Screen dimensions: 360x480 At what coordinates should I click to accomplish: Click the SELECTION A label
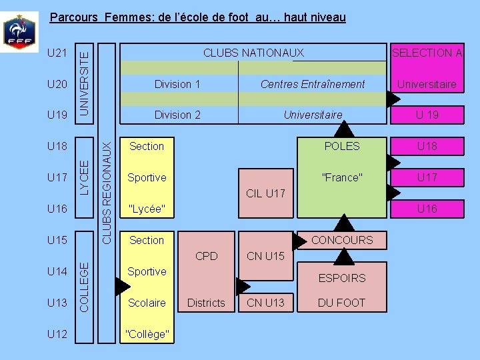click(427, 53)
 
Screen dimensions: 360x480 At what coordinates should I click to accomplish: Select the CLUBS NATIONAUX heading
click(253, 53)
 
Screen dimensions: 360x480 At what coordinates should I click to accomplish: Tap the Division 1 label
click(177, 84)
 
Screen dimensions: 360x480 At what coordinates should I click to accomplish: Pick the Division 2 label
click(177, 115)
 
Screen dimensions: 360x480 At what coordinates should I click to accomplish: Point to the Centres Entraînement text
click(313, 84)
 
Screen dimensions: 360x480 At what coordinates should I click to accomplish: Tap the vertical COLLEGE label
click(84, 285)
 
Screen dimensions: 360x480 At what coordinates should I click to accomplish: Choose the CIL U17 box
click(265, 194)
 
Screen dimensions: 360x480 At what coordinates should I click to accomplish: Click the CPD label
click(207, 256)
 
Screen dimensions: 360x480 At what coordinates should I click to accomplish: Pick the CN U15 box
click(265, 256)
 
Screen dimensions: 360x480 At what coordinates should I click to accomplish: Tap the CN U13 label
click(265, 303)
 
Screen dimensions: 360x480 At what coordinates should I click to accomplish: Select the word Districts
click(206, 303)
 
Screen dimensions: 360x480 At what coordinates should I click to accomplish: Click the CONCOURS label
click(342, 240)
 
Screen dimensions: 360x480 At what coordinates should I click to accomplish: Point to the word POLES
click(341, 146)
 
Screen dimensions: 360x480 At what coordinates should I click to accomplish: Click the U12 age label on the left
click(58, 333)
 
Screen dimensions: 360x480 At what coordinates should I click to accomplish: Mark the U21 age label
click(58, 53)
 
